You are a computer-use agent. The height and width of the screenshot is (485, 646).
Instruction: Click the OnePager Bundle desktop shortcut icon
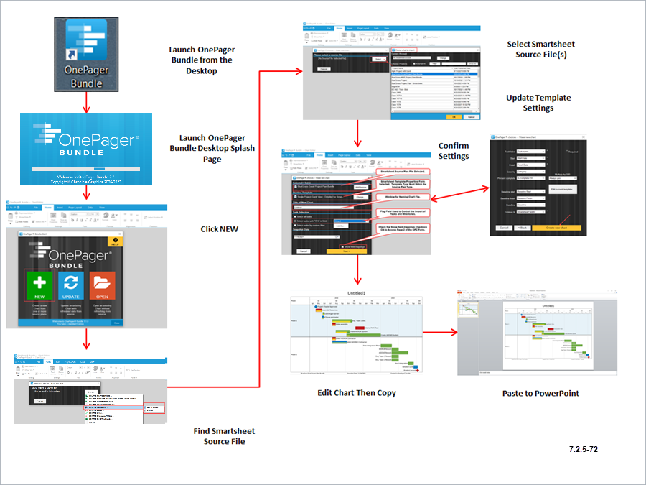click(86, 54)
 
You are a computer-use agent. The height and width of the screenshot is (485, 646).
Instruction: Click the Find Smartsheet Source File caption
click(224, 436)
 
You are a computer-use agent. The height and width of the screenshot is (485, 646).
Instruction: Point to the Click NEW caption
click(219, 229)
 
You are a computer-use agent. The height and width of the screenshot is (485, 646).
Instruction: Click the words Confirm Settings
click(454, 150)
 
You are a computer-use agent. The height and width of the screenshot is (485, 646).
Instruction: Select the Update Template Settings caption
click(538, 103)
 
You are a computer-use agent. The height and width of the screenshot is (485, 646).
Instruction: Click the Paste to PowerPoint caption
click(540, 393)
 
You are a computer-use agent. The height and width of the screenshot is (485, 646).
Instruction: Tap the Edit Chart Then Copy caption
click(357, 393)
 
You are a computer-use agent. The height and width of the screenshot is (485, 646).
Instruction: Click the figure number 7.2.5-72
click(584, 449)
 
